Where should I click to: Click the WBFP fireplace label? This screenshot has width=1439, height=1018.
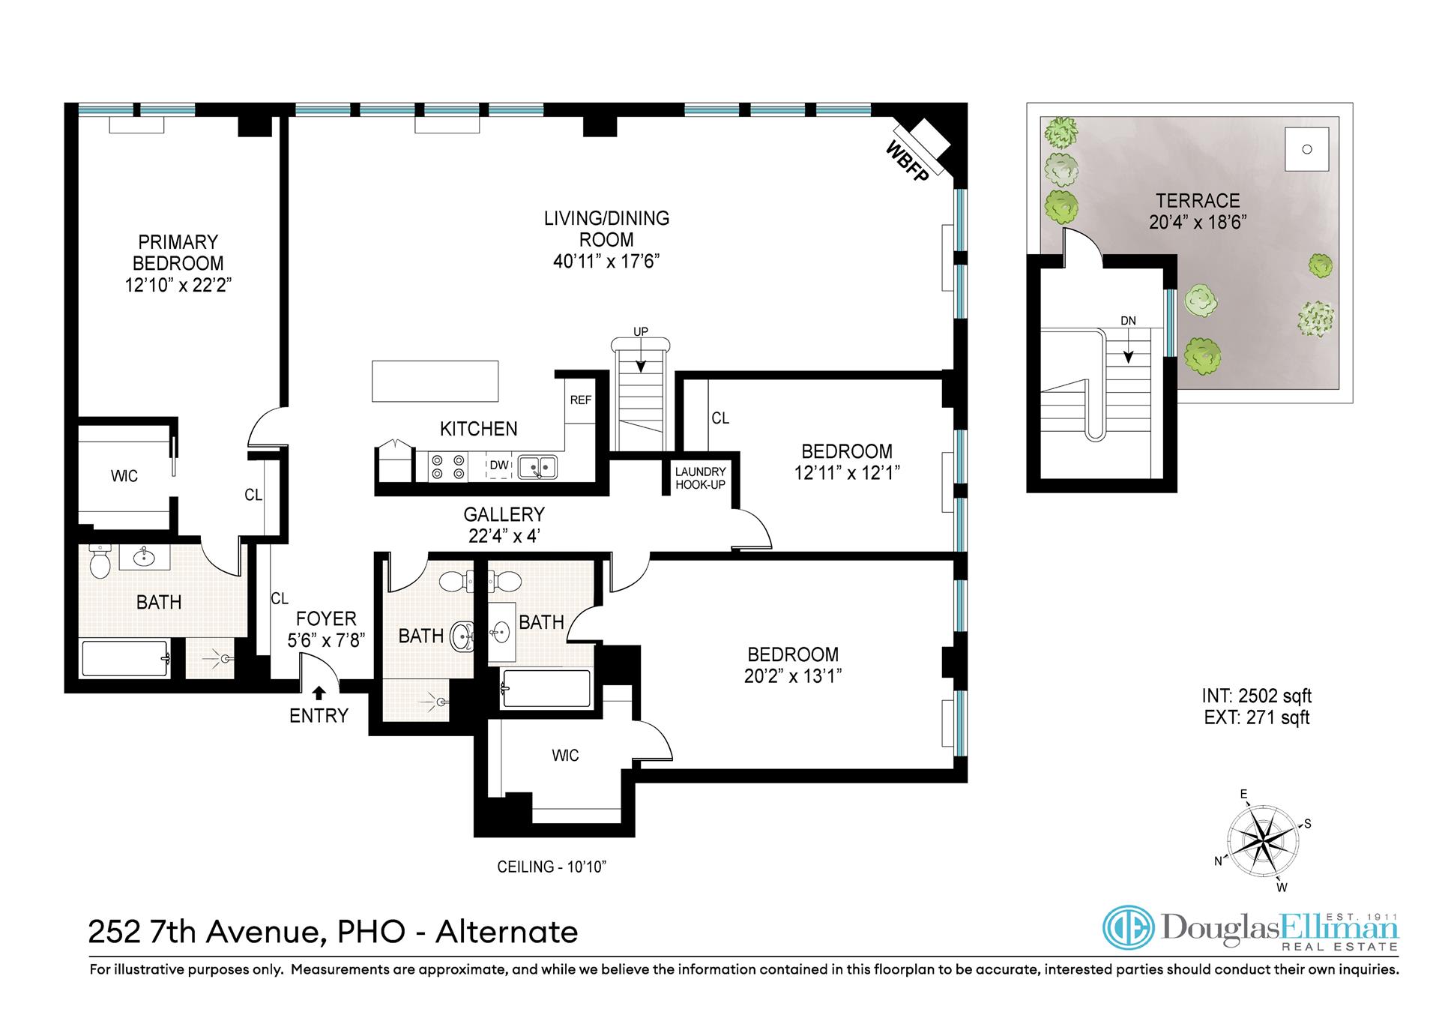(x=907, y=160)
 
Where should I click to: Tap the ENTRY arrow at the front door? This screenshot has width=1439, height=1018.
(x=319, y=693)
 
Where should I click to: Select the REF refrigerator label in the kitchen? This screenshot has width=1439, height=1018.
(x=581, y=400)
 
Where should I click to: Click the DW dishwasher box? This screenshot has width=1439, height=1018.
(x=498, y=466)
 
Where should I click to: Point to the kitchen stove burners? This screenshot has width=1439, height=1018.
(x=447, y=466)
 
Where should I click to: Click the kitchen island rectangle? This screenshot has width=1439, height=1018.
(x=435, y=381)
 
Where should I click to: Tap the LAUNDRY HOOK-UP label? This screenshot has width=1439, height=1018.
(x=701, y=478)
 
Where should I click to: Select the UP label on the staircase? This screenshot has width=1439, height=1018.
(x=641, y=332)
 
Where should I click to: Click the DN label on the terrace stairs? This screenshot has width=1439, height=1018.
(x=1128, y=321)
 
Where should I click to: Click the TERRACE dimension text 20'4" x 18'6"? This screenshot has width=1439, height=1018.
(x=1198, y=223)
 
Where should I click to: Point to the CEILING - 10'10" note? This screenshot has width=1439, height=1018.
(x=552, y=867)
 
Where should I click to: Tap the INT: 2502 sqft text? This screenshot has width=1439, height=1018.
(x=1257, y=696)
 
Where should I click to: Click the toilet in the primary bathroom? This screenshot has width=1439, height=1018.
(x=100, y=561)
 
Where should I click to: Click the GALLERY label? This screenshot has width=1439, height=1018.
(x=504, y=515)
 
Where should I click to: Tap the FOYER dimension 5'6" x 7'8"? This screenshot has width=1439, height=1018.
(x=326, y=641)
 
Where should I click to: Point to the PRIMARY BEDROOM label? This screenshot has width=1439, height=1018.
(x=178, y=253)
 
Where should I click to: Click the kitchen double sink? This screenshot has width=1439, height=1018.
(x=537, y=466)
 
